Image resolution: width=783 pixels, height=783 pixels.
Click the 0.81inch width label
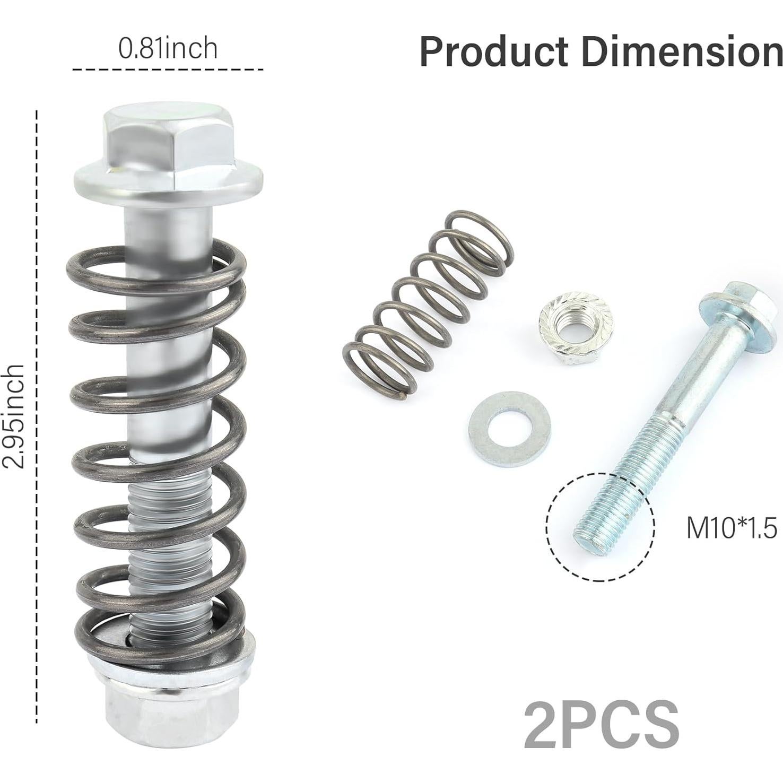168,49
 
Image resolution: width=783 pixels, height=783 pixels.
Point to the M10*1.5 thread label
732,528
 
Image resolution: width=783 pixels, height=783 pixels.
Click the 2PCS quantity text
602,725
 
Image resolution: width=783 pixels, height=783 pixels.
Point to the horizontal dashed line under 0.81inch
168,69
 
